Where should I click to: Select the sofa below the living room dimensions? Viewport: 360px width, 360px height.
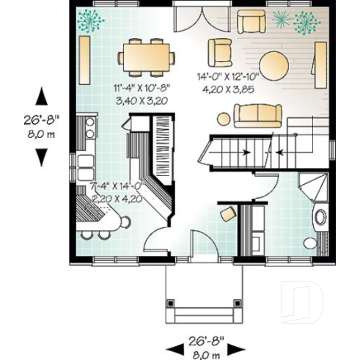tap(258, 114)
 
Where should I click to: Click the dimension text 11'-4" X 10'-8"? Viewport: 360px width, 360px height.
tap(142, 87)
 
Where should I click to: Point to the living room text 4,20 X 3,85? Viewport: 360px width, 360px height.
tap(229, 87)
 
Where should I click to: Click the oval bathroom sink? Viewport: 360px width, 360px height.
tap(321, 216)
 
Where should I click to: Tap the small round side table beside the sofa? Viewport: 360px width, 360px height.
tap(224, 117)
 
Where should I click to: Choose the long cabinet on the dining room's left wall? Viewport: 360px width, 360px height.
tap(84, 61)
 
